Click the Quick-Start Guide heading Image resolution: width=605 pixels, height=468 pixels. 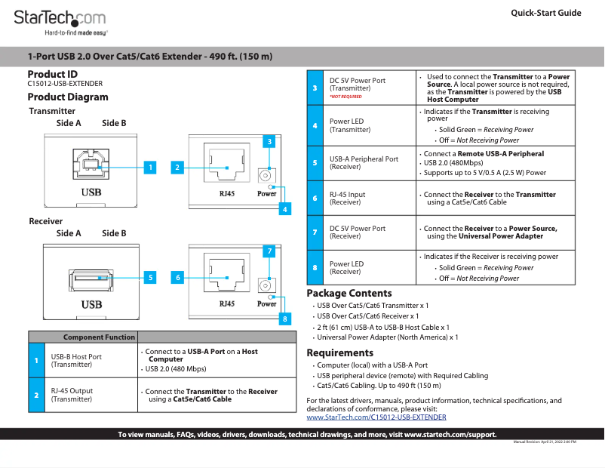pyautogui.click(x=545, y=13)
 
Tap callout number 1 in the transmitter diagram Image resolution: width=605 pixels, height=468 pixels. pyautogui.click(x=150, y=167)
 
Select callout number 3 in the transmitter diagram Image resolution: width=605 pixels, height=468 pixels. pyautogui.click(x=269, y=141)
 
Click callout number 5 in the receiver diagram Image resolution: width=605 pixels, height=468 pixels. pyautogui.click(x=150, y=277)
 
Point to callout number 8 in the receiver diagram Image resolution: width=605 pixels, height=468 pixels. pyautogui.click(x=284, y=319)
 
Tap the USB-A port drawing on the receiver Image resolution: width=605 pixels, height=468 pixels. pyautogui.click(x=91, y=279)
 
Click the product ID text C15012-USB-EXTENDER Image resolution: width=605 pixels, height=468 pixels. pyautogui.click(x=65, y=84)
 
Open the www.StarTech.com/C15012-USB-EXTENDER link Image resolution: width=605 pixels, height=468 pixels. pyautogui.click(x=376, y=417)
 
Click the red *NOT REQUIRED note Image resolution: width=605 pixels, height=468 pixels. pyautogui.click(x=345, y=97)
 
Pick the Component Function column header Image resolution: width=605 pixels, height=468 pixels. pyautogui.click(x=99, y=337)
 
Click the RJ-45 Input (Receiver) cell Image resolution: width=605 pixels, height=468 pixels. pyautogui.click(x=347, y=198)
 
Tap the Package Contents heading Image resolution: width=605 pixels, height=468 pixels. pyautogui.click(x=349, y=293)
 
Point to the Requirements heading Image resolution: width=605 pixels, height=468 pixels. pyautogui.click(x=339, y=353)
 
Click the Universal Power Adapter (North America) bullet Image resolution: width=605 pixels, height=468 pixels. pyautogui.click(x=387, y=337)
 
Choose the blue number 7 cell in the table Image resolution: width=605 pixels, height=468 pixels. pyautogui.click(x=315, y=232)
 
